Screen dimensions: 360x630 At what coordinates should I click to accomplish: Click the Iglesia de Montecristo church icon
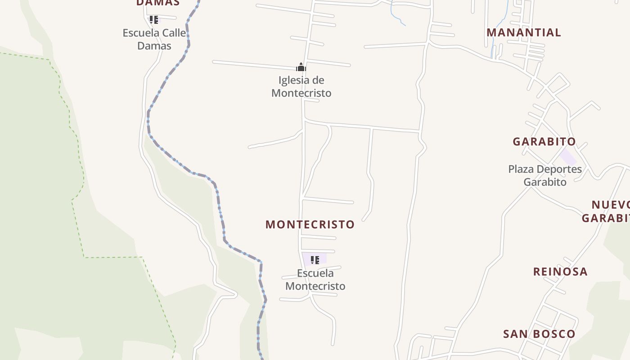pos(301,67)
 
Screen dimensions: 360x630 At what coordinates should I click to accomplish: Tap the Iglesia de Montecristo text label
pos(301,86)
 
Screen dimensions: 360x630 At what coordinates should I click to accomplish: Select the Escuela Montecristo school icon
pos(315,260)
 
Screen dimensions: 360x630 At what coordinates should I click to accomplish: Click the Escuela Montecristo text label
pos(315,279)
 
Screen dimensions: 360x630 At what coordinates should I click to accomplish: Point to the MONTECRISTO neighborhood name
pos(310,224)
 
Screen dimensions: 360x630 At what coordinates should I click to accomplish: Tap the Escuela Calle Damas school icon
pos(154,20)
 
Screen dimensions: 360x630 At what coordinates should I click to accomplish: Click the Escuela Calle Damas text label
pos(154,39)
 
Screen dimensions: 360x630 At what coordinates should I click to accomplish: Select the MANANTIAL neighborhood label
pos(524,32)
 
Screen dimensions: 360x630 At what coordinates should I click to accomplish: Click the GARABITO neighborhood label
pos(544,141)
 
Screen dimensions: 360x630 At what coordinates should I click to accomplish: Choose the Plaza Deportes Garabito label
pos(545,175)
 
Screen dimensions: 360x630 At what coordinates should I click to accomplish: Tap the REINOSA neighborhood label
pos(560,271)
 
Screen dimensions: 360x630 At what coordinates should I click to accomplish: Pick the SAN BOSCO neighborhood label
pos(539,334)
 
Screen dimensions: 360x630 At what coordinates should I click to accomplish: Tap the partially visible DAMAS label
pos(157,3)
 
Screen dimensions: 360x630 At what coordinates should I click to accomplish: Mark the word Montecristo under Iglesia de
pos(301,93)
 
